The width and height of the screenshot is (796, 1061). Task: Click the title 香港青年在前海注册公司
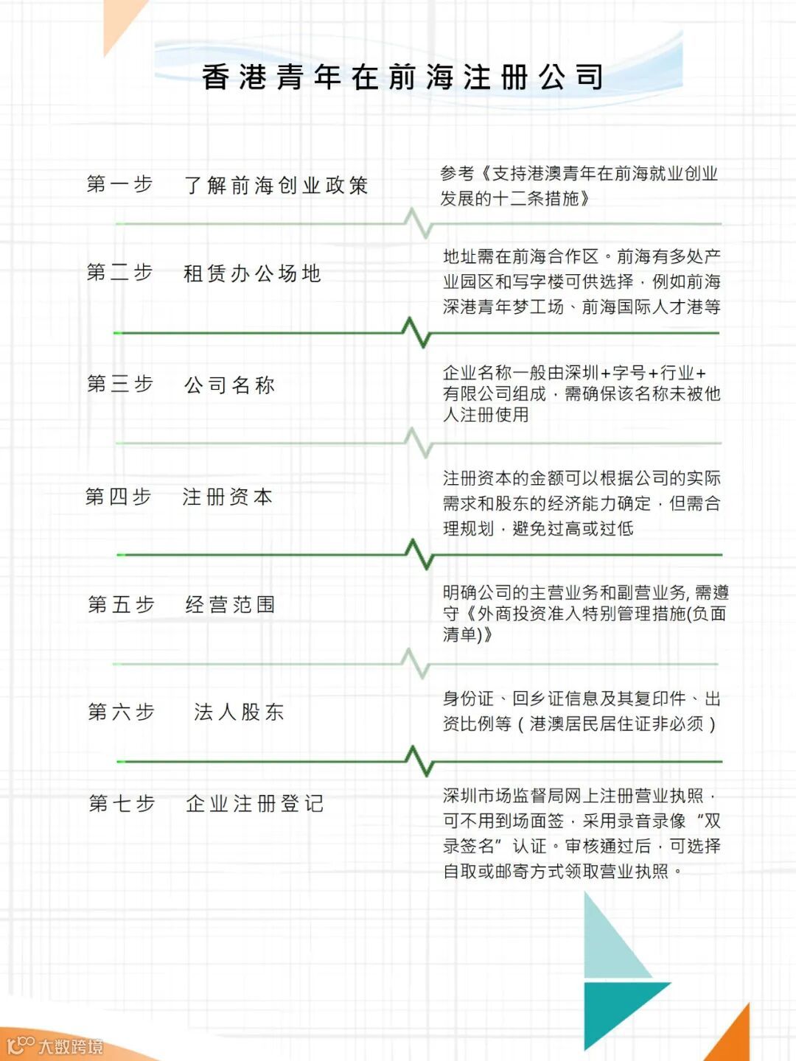click(x=403, y=77)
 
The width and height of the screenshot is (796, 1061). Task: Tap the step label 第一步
click(x=119, y=184)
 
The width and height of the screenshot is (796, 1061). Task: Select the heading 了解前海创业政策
click(x=276, y=186)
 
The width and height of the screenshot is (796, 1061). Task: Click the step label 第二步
click(x=119, y=273)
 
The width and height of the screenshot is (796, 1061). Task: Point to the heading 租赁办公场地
click(x=252, y=274)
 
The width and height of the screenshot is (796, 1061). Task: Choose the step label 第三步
click(x=119, y=384)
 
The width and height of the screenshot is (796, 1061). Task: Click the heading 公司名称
click(x=229, y=385)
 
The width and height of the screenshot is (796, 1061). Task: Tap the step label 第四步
click(x=118, y=497)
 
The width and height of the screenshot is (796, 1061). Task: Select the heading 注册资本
click(x=228, y=497)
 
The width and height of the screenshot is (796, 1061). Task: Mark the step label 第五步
click(x=121, y=605)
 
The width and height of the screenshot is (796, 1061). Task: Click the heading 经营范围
click(x=230, y=605)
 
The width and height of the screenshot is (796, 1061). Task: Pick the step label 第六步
click(x=121, y=712)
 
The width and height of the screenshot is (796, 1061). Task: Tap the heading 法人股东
click(x=239, y=712)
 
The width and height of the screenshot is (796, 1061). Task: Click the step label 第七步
click(x=122, y=803)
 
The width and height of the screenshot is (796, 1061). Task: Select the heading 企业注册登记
click(x=254, y=803)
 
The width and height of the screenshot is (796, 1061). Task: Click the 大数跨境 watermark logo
click(x=55, y=1046)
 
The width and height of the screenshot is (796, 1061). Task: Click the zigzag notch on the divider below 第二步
click(x=417, y=333)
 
